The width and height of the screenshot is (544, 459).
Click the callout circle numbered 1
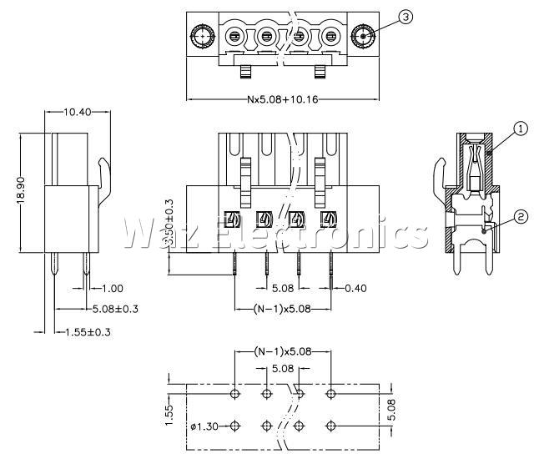tap(519, 129)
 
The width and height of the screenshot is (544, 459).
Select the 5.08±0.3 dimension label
tap(114, 310)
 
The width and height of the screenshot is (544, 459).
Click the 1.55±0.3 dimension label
tap(88, 332)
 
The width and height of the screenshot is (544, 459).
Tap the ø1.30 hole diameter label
tap(204, 427)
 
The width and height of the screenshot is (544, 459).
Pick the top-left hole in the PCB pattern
tap(234, 392)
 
